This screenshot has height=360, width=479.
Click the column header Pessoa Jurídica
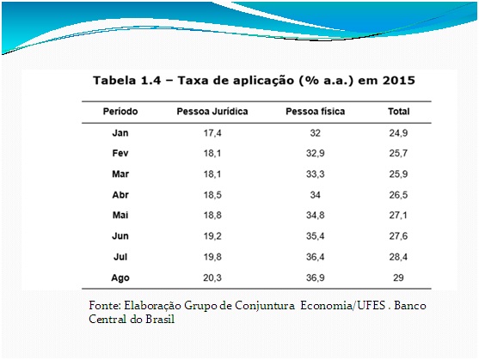coord(212,112)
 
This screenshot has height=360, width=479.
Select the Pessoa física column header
coord(316,112)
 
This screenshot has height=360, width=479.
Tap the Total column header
coord(399,112)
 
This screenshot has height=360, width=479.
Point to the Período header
coord(120,112)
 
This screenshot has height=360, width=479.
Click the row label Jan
coord(120,133)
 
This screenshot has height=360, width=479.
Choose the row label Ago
coord(120,278)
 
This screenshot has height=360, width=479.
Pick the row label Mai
coord(120,215)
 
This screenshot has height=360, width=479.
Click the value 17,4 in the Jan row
coord(212,133)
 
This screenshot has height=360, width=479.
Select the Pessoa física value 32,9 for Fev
coord(316,153)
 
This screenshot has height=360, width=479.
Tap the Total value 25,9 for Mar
coord(398,174)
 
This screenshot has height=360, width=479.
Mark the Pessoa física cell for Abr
coord(316,195)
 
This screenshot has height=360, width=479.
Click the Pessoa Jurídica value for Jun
coord(212,235)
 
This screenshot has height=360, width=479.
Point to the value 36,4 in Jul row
coord(316,257)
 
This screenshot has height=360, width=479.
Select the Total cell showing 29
coord(398,278)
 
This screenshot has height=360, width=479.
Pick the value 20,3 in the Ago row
coord(212,278)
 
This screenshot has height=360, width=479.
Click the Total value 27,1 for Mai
coord(398,215)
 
